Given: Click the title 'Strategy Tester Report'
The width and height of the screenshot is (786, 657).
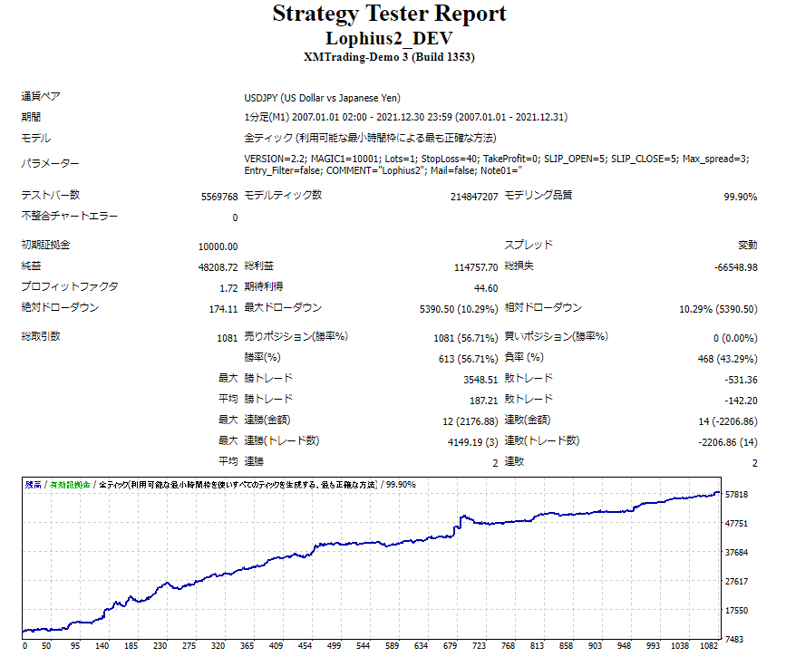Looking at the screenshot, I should pos(389,14).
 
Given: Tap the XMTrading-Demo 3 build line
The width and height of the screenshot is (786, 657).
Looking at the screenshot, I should pos(389,57).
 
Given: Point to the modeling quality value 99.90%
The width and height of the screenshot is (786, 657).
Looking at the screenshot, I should pos(740,196).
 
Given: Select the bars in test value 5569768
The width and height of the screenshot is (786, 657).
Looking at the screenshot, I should pos(218,196).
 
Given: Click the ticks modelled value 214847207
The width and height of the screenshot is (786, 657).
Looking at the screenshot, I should pos(473,196).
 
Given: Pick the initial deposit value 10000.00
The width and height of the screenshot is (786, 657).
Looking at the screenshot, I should pos(218,246).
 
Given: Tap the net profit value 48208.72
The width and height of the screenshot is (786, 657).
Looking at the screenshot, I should pos(218,267).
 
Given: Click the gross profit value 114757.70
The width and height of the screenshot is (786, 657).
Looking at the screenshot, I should pos(474,267).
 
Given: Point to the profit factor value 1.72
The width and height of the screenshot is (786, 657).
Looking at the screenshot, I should pos(228,288).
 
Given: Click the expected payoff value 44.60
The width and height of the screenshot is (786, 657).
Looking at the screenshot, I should pos(486,288).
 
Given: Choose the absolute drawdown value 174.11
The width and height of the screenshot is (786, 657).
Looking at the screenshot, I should pos(223,309).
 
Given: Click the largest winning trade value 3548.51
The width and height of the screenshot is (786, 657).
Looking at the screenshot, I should pos(477,380).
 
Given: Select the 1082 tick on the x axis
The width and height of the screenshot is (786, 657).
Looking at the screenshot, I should pos(710,647).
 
